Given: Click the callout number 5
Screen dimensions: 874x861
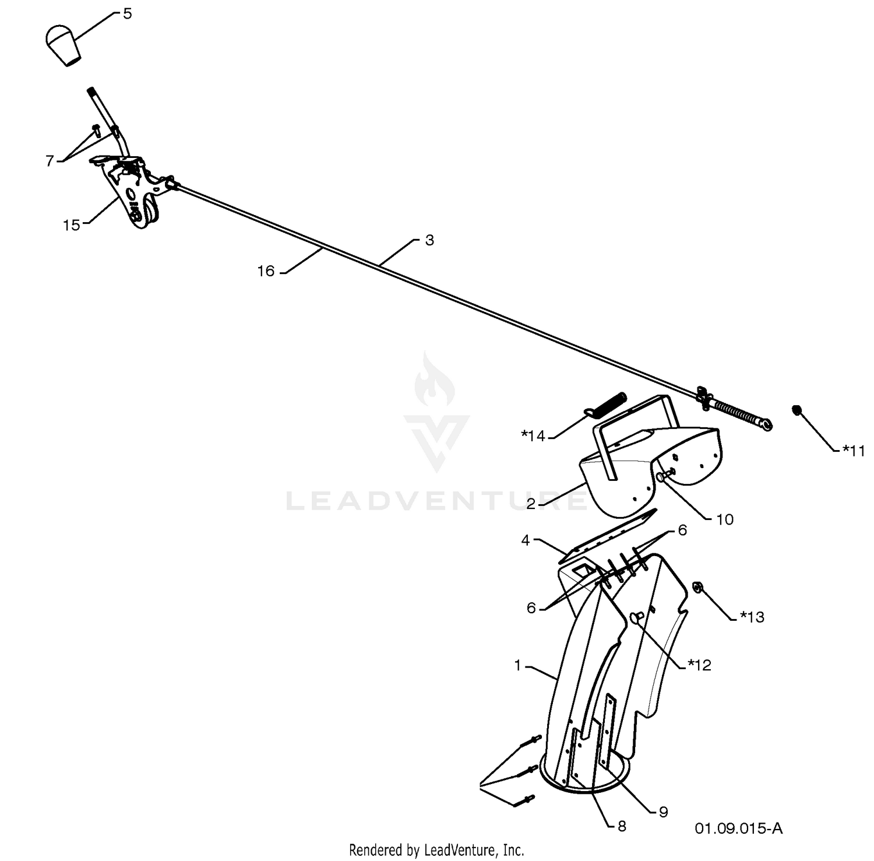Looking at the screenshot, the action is coord(128,13).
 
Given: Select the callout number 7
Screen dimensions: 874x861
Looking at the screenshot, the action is coord(50,161).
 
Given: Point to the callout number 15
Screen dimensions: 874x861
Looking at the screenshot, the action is coord(72,225).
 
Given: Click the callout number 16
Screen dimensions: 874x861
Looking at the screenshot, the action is coord(266,271).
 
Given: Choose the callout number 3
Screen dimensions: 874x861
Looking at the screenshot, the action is coord(429,240).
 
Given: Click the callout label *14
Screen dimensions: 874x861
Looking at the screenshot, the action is coord(533,435).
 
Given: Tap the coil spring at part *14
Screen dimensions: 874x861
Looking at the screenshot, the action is coord(605,405).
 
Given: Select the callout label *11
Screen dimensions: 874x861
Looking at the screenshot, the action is coord(854,450).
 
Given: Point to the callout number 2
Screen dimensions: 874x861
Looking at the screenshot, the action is coord(530,504).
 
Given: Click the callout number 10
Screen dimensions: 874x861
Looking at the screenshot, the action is coord(725,519).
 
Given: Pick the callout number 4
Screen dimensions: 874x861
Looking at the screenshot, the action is coord(526,541).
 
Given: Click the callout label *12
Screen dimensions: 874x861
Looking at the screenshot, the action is coord(699,665).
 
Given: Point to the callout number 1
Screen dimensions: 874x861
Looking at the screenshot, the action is coord(517,665).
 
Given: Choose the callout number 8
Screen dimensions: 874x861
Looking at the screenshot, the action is coord(621,826).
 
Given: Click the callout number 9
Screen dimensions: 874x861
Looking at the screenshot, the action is coord(663,812).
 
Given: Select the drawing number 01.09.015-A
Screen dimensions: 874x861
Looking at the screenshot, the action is coord(738,828).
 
